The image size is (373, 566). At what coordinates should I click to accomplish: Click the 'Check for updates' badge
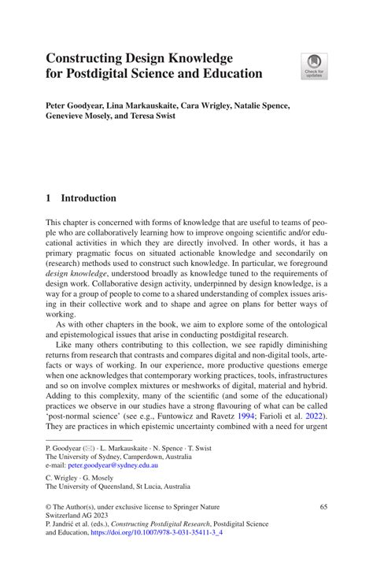tap(315, 66)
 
